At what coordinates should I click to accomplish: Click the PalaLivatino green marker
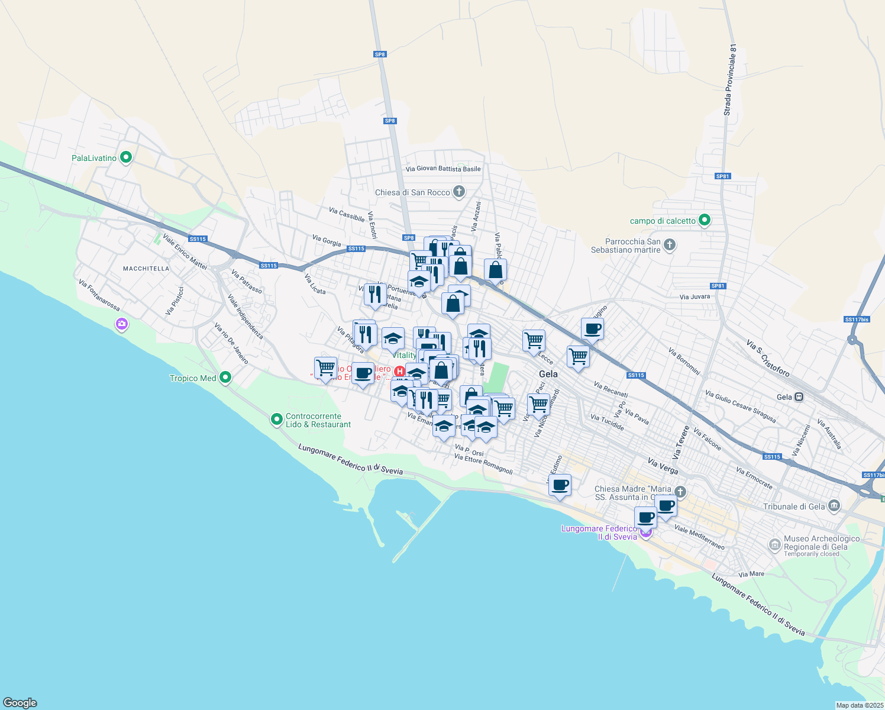(125, 157)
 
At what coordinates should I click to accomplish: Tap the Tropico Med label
(193, 378)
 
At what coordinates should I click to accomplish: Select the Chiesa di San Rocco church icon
(459, 192)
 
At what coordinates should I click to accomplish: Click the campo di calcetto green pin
(704, 221)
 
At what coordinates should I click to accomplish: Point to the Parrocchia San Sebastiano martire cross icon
(670, 245)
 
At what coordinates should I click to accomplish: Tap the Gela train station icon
(799, 397)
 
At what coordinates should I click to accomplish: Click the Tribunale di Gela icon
(834, 506)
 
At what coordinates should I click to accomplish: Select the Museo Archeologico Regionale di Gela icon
(775, 544)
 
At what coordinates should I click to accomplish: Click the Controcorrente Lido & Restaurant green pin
(276, 419)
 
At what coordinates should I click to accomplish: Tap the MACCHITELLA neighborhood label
(146, 269)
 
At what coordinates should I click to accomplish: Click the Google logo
(20, 703)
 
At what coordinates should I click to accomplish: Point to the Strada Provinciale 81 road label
(730, 80)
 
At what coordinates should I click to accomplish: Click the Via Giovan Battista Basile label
(443, 169)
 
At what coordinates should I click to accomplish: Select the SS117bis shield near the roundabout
(857, 319)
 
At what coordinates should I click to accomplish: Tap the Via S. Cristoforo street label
(768, 358)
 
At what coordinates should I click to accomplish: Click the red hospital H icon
(400, 372)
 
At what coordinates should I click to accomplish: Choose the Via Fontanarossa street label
(99, 296)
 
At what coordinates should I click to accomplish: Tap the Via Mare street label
(751, 574)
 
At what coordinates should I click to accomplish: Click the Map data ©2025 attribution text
(860, 705)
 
